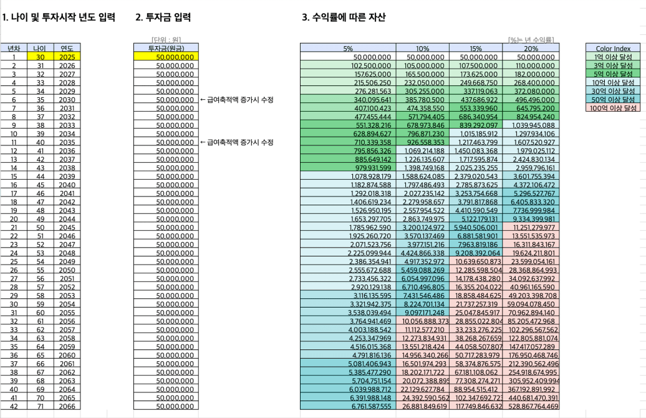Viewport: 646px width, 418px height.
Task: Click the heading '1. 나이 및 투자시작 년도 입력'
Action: [59, 17]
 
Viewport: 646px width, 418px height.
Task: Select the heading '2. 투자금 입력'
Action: [163, 17]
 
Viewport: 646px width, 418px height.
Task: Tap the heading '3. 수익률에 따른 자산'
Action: [343, 17]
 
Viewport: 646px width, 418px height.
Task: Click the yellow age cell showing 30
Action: [40, 57]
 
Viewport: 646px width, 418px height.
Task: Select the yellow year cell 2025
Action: [67, 57]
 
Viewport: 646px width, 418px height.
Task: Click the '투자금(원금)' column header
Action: [166, 48]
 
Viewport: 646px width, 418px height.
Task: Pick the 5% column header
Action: [348, 48]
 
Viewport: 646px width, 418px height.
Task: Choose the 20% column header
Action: [531, 48]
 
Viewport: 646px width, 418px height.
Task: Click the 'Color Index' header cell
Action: [613, 48]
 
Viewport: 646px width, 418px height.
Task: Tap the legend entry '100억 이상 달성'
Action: [613, 108]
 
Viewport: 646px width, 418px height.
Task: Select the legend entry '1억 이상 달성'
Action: [613, 57]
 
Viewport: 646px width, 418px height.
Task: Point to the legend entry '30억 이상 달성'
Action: [613, 90]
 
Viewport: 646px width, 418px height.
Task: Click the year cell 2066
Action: [67, 406]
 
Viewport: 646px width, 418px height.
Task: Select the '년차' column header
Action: [13, 48]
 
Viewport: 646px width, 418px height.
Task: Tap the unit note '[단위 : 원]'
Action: [166, 40]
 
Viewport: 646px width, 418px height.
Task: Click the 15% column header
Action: [476, 48]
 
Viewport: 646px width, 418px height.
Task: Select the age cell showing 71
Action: [40, 406]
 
